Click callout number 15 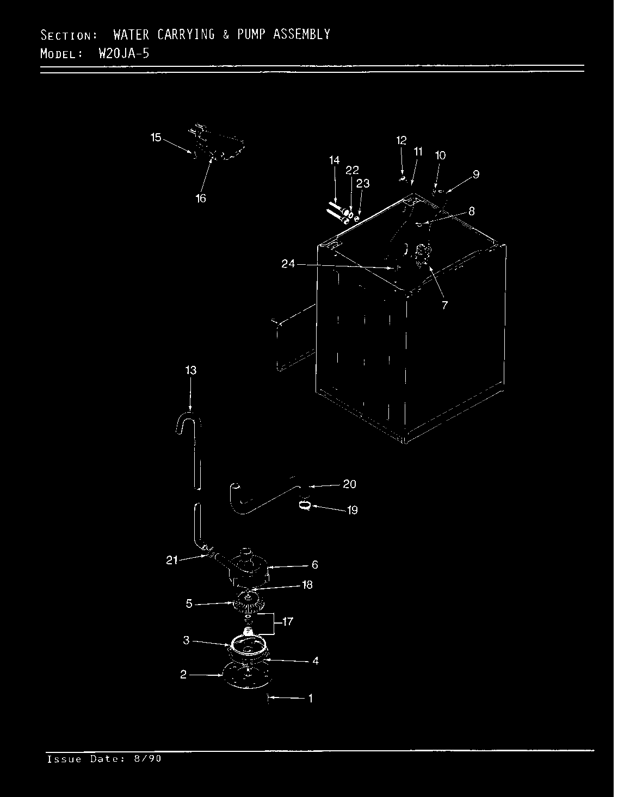156,138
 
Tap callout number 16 201,198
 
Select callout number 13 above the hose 190,371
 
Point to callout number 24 288,264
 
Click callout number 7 444,306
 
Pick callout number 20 349,484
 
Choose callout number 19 352,510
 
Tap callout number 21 172,561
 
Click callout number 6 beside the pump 314,565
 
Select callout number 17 288,621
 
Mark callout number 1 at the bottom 310,699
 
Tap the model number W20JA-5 124,53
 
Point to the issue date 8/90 147,759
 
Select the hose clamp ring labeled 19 305,506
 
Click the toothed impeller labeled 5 248,602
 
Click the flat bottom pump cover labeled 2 245,677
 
